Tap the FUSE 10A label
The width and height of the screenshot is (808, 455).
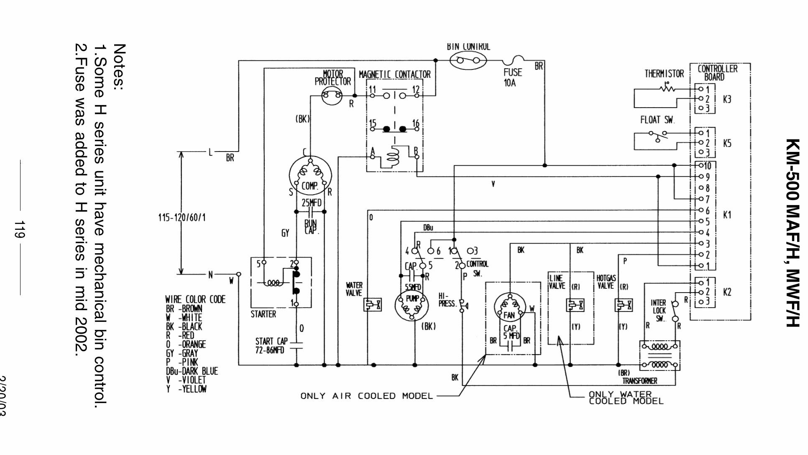pyautogui.click(x=512, y=77)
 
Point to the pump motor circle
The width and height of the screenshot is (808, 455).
pyautogui.click(x=412, y=305)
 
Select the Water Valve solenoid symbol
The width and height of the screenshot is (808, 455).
pyautogui.click(x=372, y=305)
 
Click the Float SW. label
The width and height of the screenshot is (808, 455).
pyautogui.click(x=657, y=120)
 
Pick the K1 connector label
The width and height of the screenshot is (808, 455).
pyautogui.click(x=727, y=215)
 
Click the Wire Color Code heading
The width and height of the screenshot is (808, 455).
pyautogui.click(x=195, y=299)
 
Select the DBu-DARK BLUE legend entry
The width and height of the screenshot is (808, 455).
pyautogui.click(x=192, y=371)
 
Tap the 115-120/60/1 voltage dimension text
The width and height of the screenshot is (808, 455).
pyautogui.click(x=182, y=218)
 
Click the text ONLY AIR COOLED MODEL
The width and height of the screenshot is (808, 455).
pyautogui.click(x=366, y=396)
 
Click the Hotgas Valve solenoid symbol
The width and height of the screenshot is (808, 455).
pyautogui.click(x=623, y=305)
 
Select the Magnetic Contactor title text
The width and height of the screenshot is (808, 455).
pyautogui.click(x=394, y=75)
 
